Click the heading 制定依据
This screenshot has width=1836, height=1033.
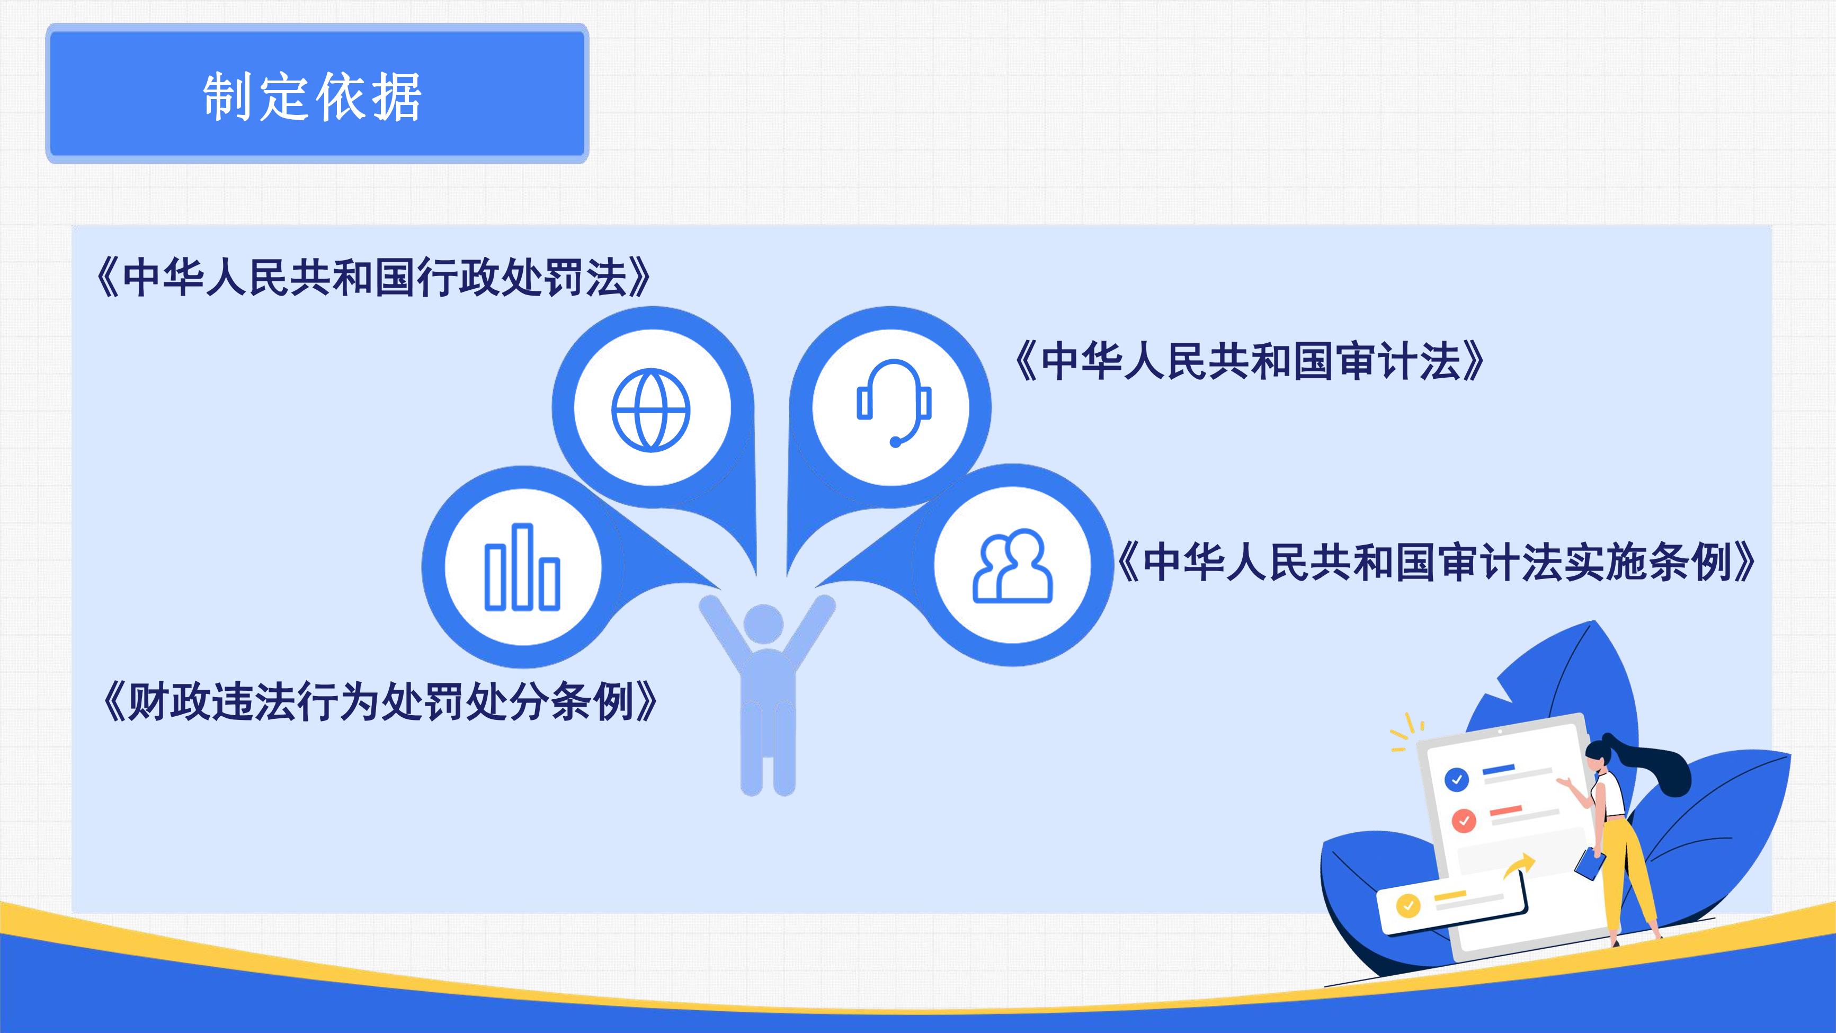click(x=312, y=96)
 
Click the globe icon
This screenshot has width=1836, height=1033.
click(x=650, y=410)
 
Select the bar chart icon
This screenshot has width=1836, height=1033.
click(x=522, y=567)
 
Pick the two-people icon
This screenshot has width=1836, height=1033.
click(x=1013, y=565)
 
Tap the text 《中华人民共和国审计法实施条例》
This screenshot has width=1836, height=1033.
click(x=1434, y=562)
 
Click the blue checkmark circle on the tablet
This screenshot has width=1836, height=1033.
click(x=1456, y=779)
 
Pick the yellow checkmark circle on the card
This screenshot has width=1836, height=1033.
click(x=1407, y=905)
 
